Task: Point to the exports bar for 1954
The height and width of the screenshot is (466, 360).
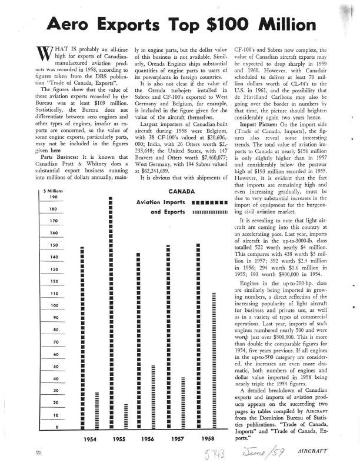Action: click(x=96, y=410)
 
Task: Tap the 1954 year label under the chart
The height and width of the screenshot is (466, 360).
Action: click(x=90, y=439)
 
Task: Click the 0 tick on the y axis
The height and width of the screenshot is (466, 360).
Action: click(x=56, y=427)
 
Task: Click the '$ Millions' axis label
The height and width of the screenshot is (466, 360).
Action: click(x=54, y=191)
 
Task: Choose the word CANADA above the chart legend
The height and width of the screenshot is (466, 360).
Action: click(x=182, y=191)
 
